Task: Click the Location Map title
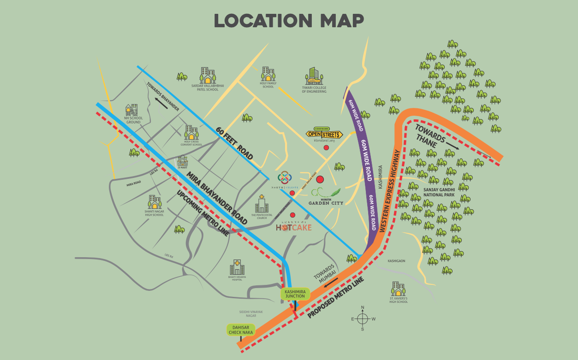click(x=289, y=21)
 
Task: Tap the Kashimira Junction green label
click(x=295, y=294)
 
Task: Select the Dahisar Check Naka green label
click(x=240, y=330)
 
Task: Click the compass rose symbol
click(x=363, y=319)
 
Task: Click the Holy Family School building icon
click(x=268, y=74)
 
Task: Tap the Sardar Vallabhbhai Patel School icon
click(x=207, y=76)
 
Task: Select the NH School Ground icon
click(x=131, y=110)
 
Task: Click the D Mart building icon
click(x=183, y=161)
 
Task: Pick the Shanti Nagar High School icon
click(x=154, y=202)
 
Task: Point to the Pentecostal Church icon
click(x=262, y=203)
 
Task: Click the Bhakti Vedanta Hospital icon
click(x=237, y=267)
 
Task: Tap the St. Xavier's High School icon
click(x=398, y=289)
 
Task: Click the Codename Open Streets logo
click(x=324, y=134)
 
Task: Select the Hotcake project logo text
click(x=294, y=227)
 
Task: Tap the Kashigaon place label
click(x=396, y=261)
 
